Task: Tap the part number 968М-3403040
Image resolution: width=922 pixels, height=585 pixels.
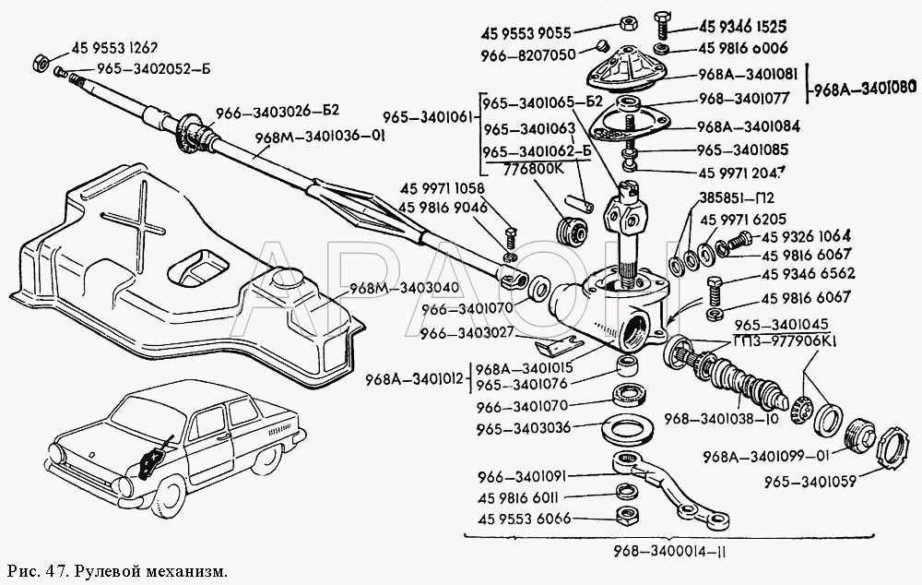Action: (x=404, y=287)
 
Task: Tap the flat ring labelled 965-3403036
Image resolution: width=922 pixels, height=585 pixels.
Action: (x=628, y=428)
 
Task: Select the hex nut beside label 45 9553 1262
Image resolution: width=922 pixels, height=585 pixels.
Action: (x=40, y=64)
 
